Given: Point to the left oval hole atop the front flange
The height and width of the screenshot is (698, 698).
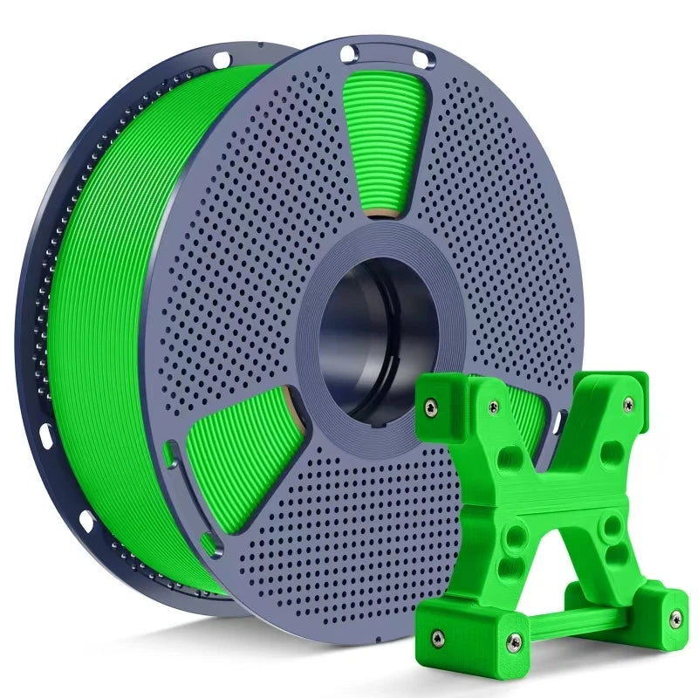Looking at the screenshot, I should [x=348, y=54].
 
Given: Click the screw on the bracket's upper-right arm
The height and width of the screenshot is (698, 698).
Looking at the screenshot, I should [x=627, y=404].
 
